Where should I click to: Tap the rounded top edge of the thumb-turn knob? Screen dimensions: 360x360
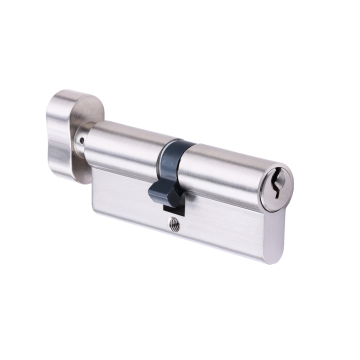pyautogui.click(x=75, y=96)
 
